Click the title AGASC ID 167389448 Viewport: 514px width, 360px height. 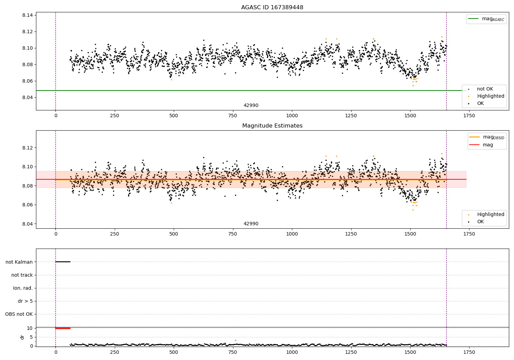272,8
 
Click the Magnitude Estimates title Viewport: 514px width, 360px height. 272,126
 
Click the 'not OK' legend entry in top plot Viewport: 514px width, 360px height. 485,89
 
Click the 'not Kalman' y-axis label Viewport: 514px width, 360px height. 19,262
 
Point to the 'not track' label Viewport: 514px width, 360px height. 22,275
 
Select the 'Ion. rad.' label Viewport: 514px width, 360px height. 23,288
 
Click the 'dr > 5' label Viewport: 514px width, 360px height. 25,301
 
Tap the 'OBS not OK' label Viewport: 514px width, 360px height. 19,314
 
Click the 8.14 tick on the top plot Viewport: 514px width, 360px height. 27,15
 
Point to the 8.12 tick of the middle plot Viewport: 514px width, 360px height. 27,148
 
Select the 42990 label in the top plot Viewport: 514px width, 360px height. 251,106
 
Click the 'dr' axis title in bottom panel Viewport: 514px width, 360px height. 22,337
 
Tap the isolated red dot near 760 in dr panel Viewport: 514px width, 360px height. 235,340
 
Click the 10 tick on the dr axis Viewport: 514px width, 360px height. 29,328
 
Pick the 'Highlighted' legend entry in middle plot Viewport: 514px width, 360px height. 490,215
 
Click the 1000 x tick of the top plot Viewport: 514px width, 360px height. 292,116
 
